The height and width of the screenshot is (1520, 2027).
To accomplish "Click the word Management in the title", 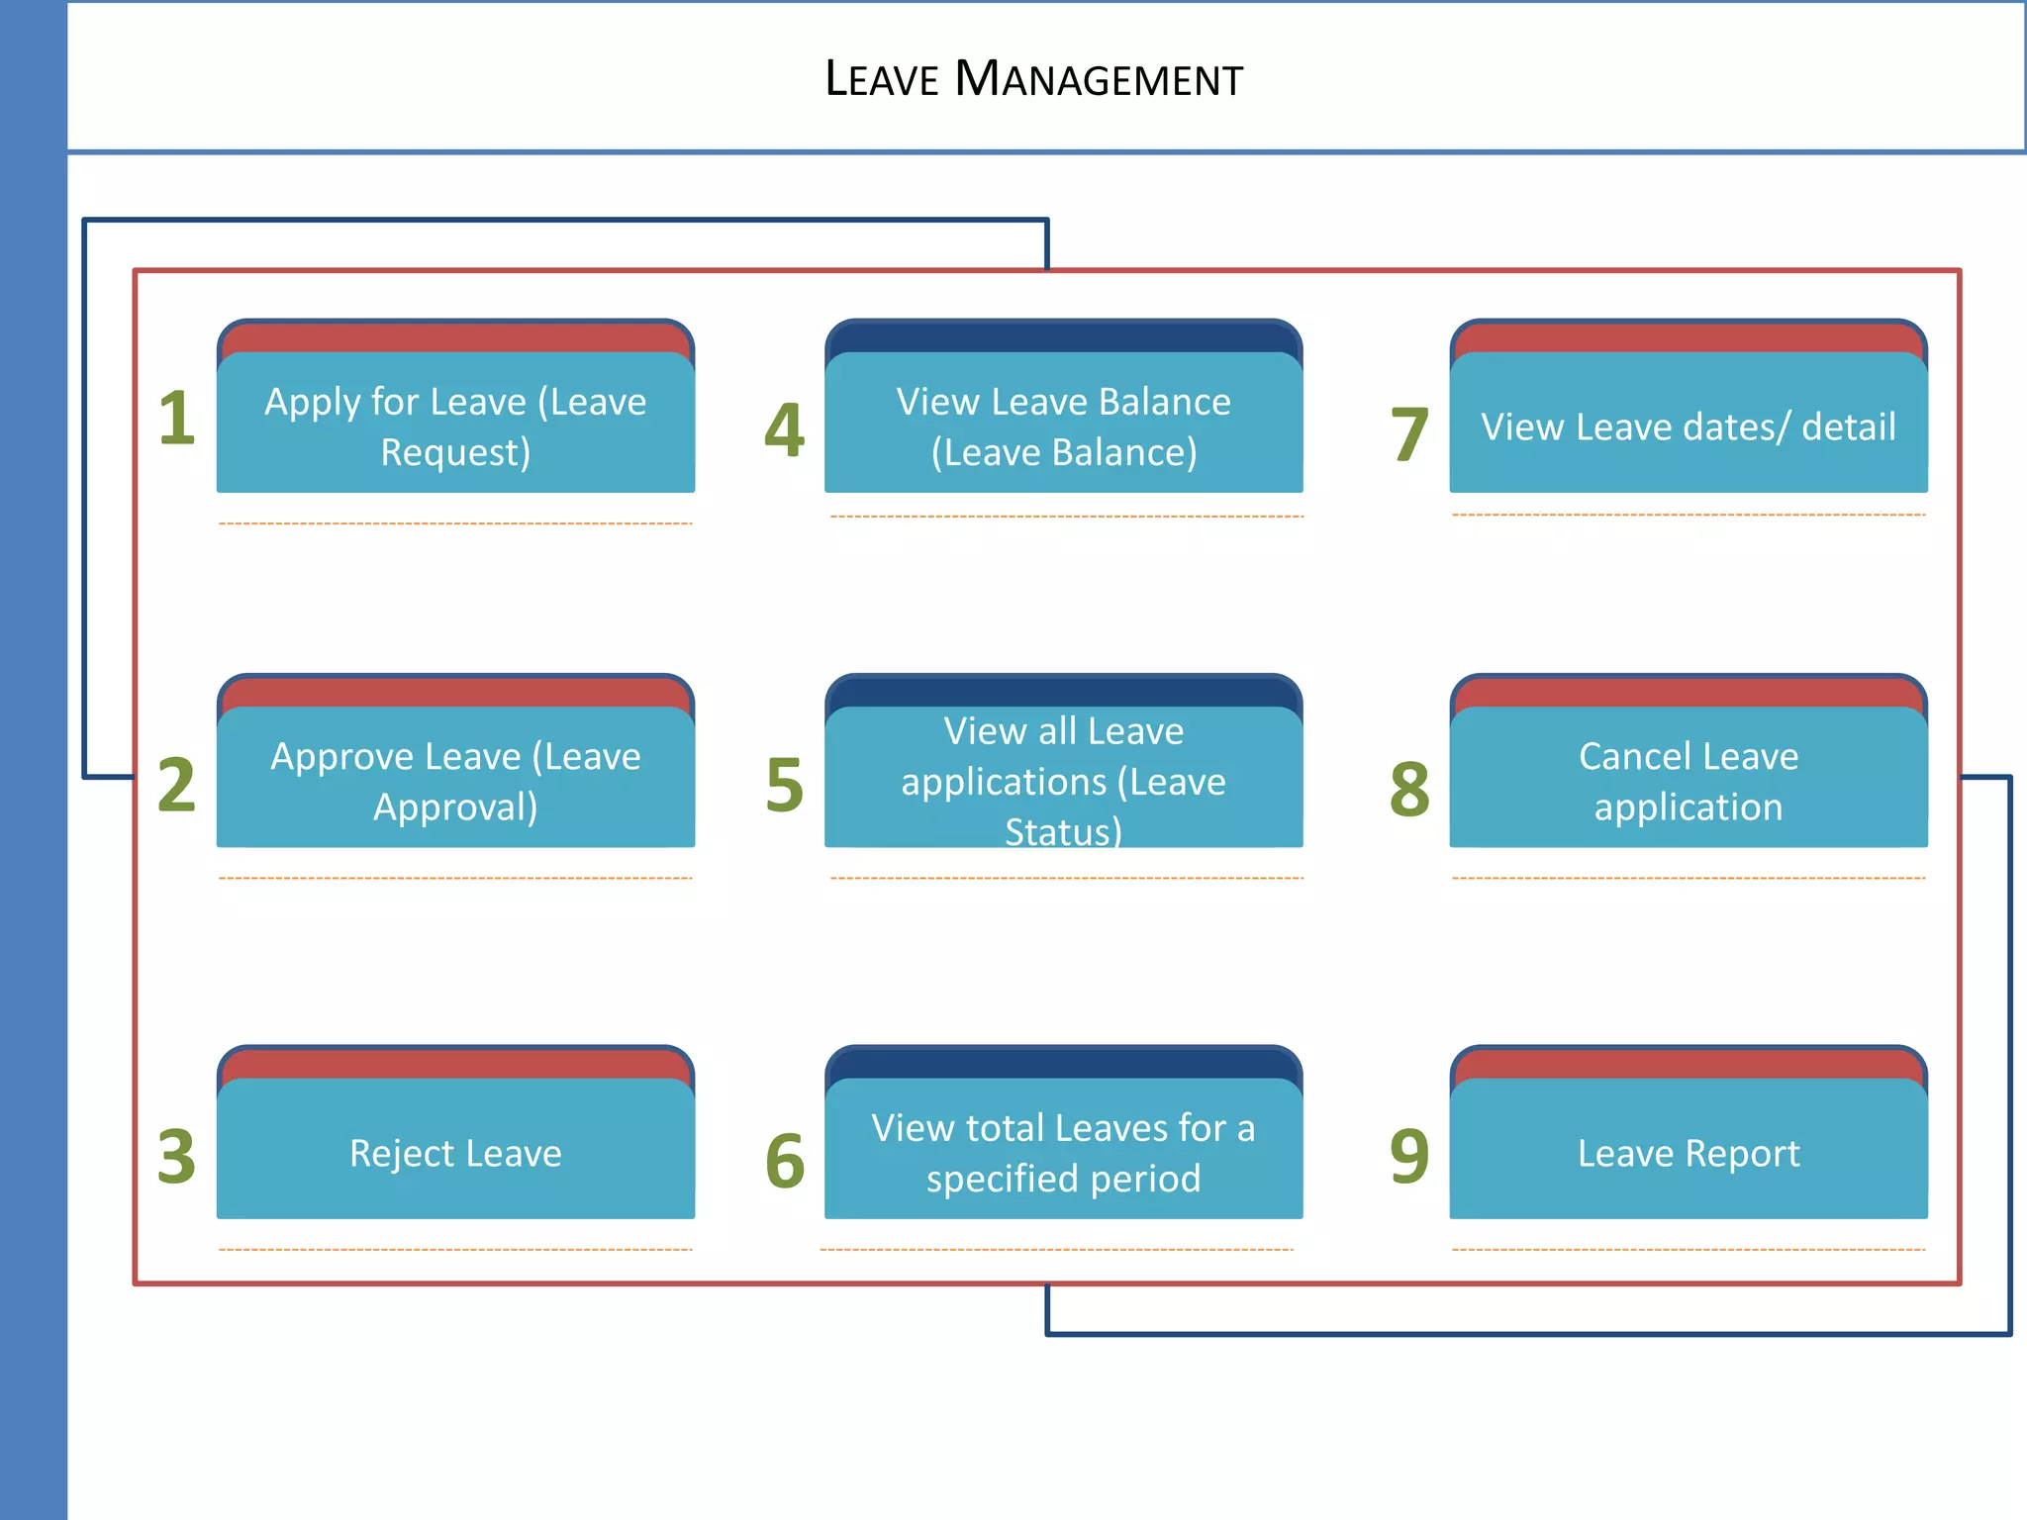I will tap(1099, 79).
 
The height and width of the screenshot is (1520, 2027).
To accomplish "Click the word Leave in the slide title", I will tap(881, 79).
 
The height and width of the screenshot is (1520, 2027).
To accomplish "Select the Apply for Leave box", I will tap(455, 426).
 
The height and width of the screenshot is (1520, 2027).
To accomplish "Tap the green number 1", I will tap(177, 418).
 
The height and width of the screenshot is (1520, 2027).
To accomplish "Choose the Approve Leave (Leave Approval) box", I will tap(455, 781).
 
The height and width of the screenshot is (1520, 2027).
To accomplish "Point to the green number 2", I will tap(177, 785).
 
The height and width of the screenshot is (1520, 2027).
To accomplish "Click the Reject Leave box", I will tap(455, 1152).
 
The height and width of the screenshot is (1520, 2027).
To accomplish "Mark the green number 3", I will tap(177, 1156).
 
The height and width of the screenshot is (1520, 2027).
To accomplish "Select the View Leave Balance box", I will tap(1063, 426).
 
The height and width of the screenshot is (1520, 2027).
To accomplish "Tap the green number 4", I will tap(784, 430).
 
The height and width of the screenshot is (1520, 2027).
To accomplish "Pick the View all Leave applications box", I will tap(1063, 781).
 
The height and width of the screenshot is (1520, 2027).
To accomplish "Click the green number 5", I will tap(784, 785).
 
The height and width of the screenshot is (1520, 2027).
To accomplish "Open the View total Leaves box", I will tap(1063, 1152).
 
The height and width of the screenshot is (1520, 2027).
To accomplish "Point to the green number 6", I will tap(784, 1161).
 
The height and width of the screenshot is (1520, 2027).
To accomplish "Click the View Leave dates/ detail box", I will tap(1688, 426).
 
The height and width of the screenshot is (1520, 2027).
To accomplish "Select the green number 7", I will tap(1409, 434).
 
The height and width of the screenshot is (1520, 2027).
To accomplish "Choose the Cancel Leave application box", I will tap(1688, 781).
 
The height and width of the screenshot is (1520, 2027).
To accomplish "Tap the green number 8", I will tap(1409, 789).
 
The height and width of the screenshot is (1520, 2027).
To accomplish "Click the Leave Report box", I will tap(1688, 1152).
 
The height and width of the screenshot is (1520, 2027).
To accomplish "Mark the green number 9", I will tap(1409, 1156).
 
